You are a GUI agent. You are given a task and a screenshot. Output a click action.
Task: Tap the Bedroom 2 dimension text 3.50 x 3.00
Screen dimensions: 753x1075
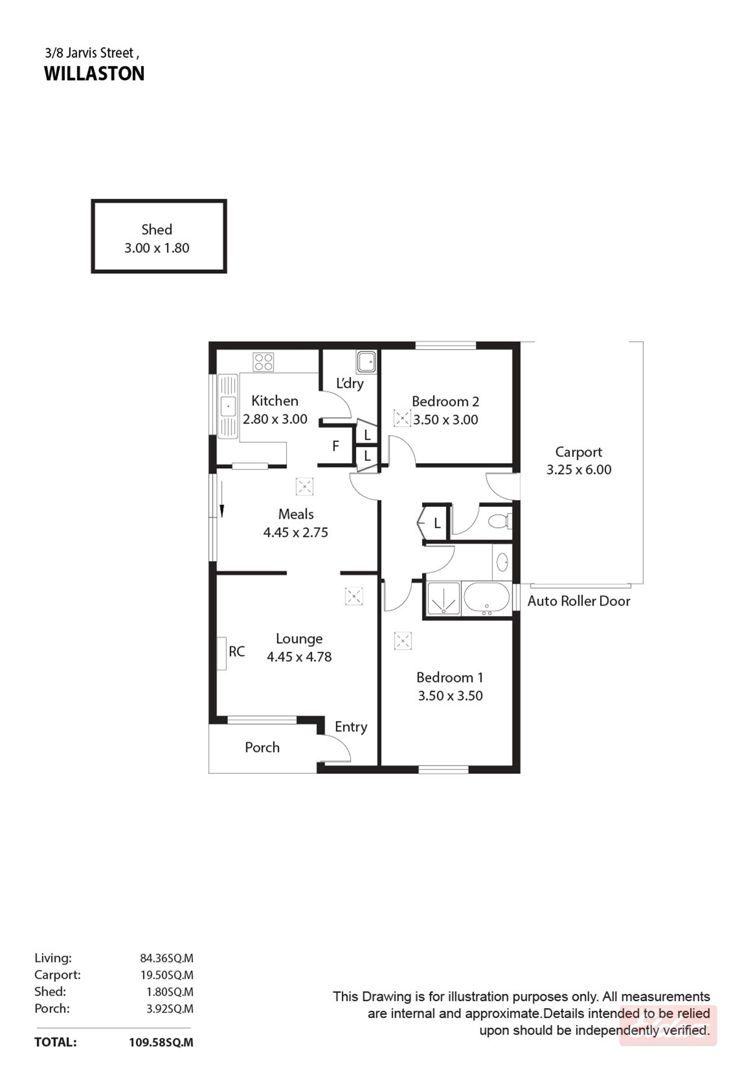(x=446, y=419)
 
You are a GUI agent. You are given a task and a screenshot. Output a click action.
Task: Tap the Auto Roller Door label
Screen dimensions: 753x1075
(x=579, y=601)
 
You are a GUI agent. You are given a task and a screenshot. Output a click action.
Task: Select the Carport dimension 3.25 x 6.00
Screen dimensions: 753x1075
(x=579, y=470)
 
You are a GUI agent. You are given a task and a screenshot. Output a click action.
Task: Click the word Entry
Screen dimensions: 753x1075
(x=351, y=727)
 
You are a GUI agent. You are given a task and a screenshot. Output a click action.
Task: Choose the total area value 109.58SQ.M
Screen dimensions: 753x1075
(x=161, y=1042)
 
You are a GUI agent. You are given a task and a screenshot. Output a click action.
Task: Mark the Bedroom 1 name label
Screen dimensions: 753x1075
(x=450, y=678)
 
